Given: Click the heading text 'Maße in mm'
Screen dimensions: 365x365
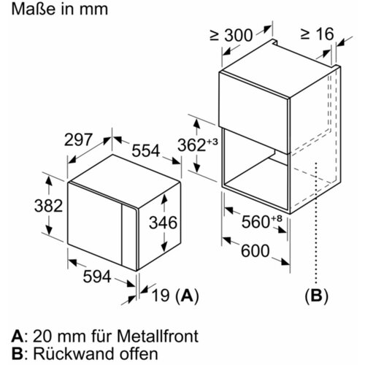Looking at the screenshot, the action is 60,9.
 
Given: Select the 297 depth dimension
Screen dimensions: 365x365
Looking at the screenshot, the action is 79,139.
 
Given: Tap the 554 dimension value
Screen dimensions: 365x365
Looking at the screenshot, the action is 146,150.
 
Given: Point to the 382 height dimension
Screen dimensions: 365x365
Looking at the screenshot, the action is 49,206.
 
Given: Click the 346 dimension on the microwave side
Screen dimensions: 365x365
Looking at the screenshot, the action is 163,223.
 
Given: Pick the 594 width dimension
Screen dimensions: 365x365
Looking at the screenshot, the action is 97,277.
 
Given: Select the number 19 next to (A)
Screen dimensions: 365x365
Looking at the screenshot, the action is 161,296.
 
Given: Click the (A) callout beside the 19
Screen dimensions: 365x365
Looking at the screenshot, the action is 187,296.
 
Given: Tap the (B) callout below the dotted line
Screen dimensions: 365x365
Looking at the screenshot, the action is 316,296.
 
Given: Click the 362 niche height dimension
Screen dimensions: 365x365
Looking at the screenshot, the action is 192,145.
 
